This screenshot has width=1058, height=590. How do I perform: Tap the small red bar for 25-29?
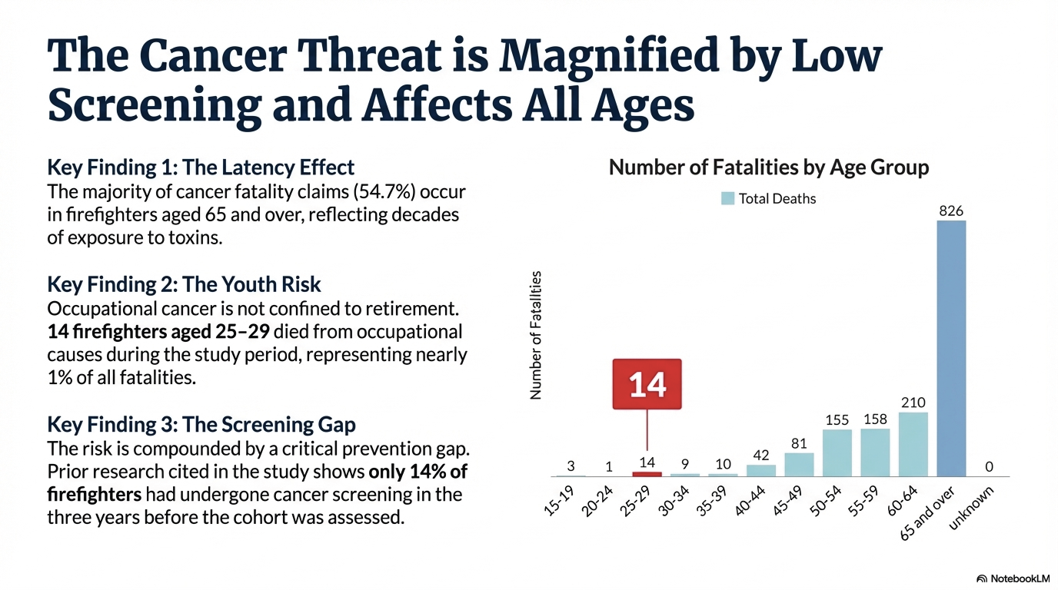(x=647, y=474)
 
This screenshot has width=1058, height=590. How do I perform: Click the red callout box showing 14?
(x=647, y=383)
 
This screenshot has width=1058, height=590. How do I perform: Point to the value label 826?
(x=951, y=210)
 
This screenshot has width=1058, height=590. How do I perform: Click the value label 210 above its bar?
(x=913, y=403)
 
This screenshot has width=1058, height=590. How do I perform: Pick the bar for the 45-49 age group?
(x=799, y=464)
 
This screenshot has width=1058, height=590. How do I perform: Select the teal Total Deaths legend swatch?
(x=727, y=198)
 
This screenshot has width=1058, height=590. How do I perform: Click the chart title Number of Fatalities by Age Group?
(x=769, y=167)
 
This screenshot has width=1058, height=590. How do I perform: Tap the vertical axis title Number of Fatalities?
(x=537, y=335)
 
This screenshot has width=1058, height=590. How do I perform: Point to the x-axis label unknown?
(x=972, y=508)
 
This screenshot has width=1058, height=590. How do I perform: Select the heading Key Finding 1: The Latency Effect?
(x=201, y=167)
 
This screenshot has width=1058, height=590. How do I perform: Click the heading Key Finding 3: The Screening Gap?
(x=201, y=424)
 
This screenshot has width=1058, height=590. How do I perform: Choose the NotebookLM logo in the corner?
(x=1012, y=578)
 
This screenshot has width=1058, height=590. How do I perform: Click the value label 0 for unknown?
(x=989, y=466)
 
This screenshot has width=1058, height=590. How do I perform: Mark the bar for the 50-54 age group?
(x=837, y=452)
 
